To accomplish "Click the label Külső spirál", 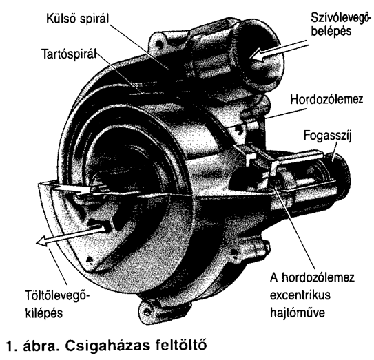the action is coord(78,19).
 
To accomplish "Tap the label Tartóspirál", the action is coord(69,54).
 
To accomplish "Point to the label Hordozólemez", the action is coord(326,100).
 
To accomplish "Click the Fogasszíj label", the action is coord(328,136).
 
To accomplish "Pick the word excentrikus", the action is coord(300,295).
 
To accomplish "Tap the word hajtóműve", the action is coord(298,313).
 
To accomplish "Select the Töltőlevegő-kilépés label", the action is coord(57,304).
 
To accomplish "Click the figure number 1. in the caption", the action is coord(12,346).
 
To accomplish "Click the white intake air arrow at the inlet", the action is coord(278,50).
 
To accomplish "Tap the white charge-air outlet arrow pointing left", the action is coord(71,235).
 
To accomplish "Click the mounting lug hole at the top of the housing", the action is coord(158,43).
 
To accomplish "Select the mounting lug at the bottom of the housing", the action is coord(149,310).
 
